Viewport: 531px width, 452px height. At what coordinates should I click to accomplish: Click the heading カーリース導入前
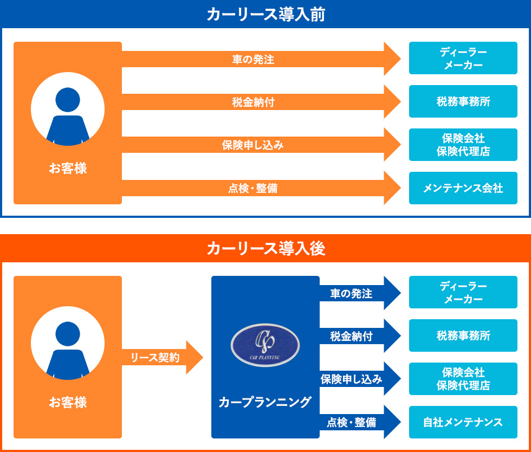pos(265,15)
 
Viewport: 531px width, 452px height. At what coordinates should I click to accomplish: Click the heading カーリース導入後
pos(265,249)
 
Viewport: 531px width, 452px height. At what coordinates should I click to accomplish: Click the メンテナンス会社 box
pos(463,188)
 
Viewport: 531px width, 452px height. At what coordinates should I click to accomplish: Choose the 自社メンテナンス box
pos(463,422)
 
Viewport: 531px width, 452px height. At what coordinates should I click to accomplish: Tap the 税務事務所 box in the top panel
pos(463,101)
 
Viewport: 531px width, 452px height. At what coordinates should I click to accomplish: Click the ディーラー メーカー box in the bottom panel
pos(463,292)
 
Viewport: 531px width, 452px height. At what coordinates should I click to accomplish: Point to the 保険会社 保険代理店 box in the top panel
pos(463,145)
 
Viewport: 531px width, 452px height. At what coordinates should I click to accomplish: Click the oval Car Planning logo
pos(265,345)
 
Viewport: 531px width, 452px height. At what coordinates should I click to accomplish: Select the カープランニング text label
pos(265,402)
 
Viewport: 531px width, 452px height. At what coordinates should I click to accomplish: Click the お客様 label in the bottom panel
pos(68,403)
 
